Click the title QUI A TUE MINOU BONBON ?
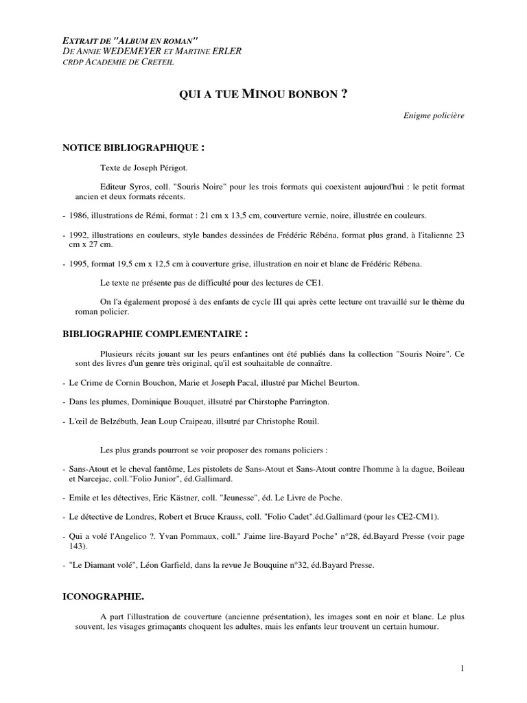(263, 95)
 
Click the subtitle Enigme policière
(434, 115)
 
